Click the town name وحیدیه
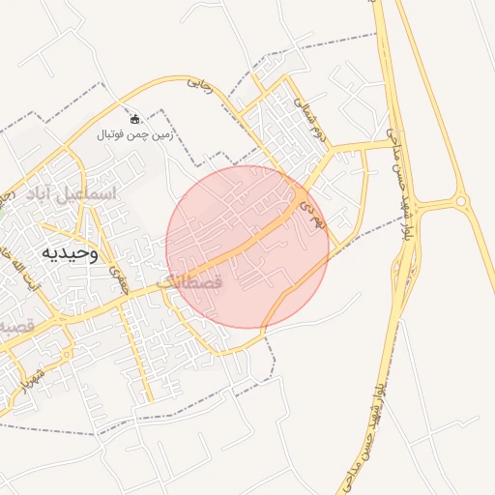tap(70, 252)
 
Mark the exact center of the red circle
tap(247, 247)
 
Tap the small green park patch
tap(3, 196)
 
